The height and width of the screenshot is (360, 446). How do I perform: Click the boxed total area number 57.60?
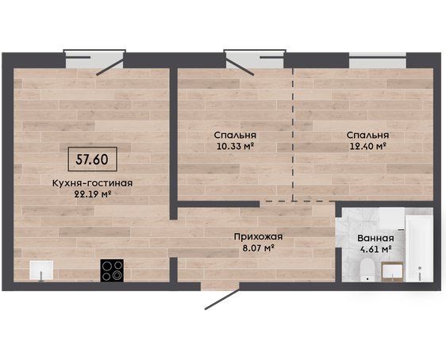[92, 159]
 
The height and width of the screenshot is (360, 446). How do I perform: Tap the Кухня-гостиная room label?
[92, 183]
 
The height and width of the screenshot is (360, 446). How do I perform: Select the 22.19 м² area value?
[92, 194]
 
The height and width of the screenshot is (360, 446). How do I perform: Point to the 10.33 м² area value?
[235, 147]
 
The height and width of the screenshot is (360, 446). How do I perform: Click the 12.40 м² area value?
[367, 147]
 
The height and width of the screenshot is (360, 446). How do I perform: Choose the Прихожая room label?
[258, 236]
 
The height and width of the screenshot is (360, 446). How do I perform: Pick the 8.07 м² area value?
[258, 248]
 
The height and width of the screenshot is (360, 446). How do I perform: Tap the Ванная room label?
[375, 239]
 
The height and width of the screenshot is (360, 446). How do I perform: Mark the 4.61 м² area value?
[375, 250]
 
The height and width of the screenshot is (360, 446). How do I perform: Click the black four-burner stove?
[112, 270]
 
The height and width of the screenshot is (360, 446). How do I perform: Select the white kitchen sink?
[41, 270]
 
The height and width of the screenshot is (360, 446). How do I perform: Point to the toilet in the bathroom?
[367, 270]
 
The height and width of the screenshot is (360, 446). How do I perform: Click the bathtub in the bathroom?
[419, 248]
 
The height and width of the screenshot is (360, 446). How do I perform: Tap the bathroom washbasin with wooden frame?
[393, 272]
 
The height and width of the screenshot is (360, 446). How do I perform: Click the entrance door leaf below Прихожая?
[222, 300]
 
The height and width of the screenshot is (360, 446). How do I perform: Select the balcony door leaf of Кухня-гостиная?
[110, 67]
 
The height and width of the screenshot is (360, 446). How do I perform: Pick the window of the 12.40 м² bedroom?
[378, 60]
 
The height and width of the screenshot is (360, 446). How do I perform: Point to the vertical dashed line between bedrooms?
[293, 134]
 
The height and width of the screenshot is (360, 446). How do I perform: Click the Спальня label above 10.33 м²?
[235, 136]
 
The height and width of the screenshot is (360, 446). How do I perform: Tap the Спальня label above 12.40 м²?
[367, 136]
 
